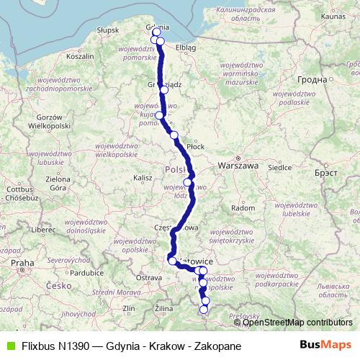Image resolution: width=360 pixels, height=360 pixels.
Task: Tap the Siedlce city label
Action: click(x=279, y=168)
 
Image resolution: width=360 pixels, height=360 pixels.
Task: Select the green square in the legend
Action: click(x=9, y=346)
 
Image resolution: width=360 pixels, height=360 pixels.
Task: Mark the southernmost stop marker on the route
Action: click(x=204, y=310)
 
